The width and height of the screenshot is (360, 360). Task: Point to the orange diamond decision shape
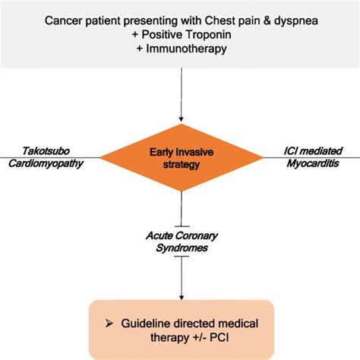[180, 158]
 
